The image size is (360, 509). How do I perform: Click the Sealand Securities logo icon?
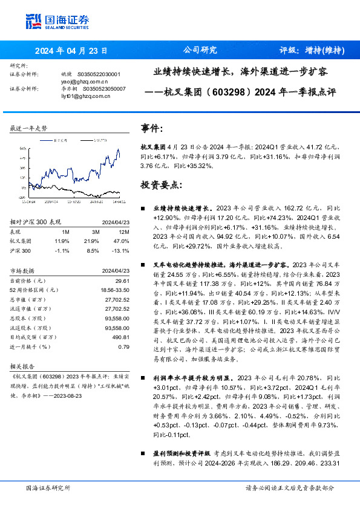(34, 21)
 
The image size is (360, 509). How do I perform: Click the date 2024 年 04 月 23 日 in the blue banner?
(71, 50)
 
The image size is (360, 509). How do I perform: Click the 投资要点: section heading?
(161, 183)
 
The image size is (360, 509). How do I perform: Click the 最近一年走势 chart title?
(28, 129)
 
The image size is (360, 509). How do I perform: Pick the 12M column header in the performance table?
(125, 231)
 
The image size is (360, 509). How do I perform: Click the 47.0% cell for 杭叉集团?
(123, 240)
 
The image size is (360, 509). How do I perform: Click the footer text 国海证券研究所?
(48, 487)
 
